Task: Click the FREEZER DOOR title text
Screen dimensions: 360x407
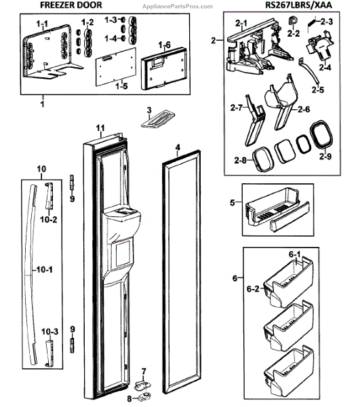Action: point(71,5)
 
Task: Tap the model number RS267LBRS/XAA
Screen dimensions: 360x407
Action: point(298,5)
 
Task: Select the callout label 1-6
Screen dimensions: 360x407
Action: point(165,45)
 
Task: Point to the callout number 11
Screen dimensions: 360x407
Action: point(100,128)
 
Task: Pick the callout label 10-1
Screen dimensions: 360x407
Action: point(44,270)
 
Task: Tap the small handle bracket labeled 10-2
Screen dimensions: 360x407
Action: point(49,195)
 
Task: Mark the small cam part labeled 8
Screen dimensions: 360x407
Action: point(144,397)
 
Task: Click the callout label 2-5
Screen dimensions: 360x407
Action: point(318,90)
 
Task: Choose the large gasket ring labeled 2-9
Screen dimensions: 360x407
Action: point(321,135)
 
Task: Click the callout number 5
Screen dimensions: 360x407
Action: point(233,202)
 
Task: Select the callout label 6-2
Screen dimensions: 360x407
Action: point(253,289)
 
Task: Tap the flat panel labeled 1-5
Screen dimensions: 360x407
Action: point(116,66)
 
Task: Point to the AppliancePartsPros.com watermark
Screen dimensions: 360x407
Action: point(178,7)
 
